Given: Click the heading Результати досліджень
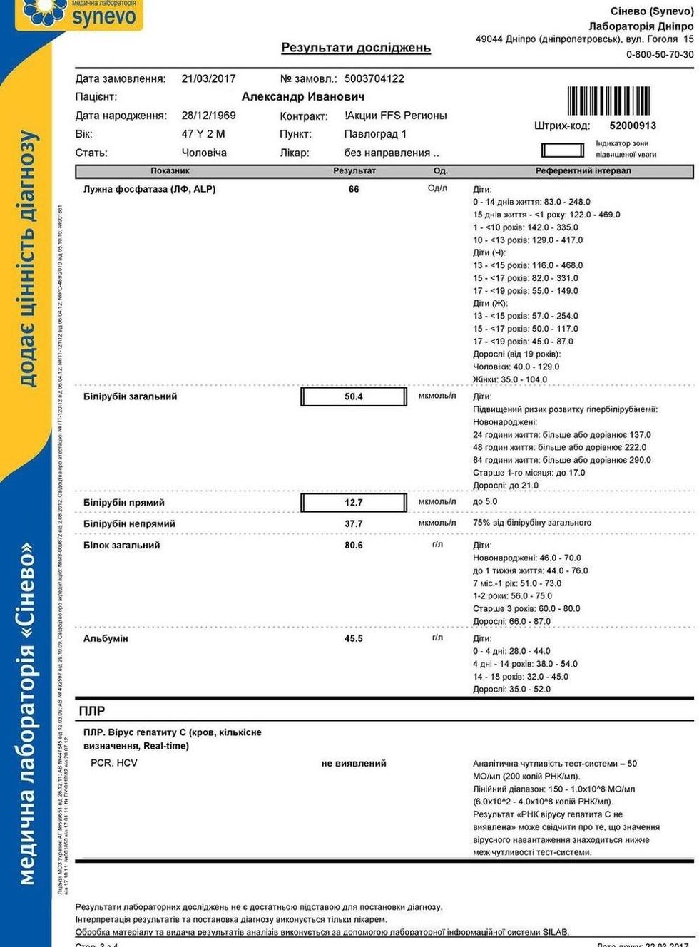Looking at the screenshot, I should [x=356, y=48].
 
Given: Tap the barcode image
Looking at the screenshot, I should [x=608, y=101].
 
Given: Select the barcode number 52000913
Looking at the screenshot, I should [x=633, y=126].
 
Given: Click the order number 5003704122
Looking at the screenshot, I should [x=374, y=78].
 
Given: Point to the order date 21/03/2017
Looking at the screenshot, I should [x=208, y=78].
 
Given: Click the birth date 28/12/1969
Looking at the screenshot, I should [x=208, y=115].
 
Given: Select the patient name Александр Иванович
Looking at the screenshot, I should [x=303, y=96].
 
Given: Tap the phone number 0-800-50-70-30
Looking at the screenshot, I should [x=660, y=54].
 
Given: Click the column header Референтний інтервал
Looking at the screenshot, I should [x=583, y=171].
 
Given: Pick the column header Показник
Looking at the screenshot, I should [x=170, y=171].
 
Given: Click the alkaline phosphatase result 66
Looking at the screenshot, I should [x=354, y=189].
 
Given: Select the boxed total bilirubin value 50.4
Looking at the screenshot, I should [x=354, y=396].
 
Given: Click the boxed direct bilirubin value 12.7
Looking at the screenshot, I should [x=354, y=503].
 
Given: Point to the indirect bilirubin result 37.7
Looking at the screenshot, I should [x=354, y=523].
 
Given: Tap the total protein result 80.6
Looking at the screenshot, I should [x=354, y=545].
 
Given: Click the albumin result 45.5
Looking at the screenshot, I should [x=354, y=638].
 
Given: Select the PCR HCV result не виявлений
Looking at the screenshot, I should [x=354, y=763].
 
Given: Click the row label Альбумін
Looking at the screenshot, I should [x=106, y=638].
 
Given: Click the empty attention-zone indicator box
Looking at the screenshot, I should [x=563, y=150].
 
